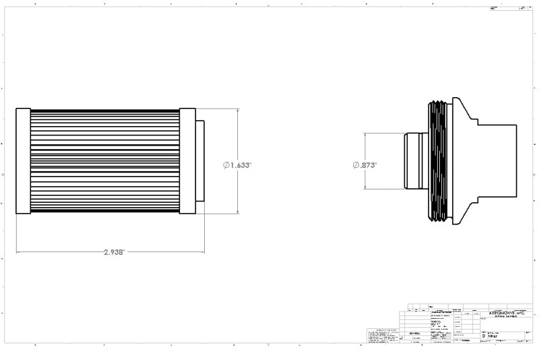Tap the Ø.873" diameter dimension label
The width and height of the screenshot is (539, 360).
pyautogui.click(x=364, y=164)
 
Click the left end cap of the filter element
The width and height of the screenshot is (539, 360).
pyautogui.click(x=23, y=160)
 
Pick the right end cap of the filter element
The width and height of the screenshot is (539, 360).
pyautogui.click(x=187, y=160)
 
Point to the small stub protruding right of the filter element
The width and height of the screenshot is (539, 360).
pyautogui.click(x=200, y=160)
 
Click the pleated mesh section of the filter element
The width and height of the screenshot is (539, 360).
pyautogui.click(x=104, y=160)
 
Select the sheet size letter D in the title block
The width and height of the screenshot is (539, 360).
pyautogui.click(x=483, y=334)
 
